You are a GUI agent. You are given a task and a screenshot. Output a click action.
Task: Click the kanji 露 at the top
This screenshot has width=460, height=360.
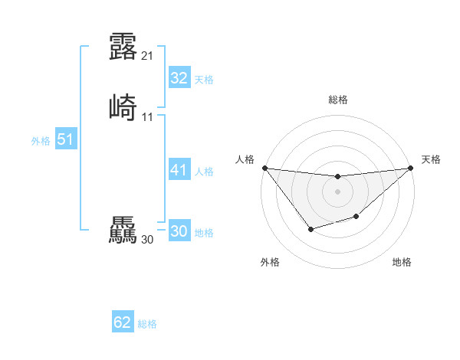[x=123, y=47]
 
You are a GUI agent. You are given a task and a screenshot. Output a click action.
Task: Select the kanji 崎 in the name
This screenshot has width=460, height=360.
[x=123, y=107]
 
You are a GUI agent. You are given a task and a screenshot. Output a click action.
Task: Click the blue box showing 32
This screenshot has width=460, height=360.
[x=179, y=78]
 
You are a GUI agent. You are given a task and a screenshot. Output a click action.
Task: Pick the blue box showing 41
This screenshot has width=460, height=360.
[x=179, y=170]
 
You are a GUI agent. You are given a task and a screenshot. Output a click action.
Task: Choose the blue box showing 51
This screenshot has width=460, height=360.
[x=65, y=139]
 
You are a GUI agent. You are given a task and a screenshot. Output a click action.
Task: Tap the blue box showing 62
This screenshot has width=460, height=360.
[x=123, y=322]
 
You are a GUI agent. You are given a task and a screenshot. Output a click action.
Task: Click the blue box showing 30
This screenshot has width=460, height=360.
[x=179, y=231]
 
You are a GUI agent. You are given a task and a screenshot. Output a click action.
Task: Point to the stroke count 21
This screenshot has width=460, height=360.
[x=148, y=56]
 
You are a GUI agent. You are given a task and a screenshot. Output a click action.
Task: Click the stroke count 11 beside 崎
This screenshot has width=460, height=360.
[x=148, y=117]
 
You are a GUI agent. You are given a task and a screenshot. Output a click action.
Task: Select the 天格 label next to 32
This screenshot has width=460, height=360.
[x=204, y=80]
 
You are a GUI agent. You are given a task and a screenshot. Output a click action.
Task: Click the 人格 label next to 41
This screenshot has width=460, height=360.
[x=204, y=172]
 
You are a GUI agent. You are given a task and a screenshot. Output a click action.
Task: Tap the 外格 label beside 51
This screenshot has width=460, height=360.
[x=41, y=141]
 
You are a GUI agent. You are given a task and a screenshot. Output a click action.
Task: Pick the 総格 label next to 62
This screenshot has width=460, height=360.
[x=147, y=324]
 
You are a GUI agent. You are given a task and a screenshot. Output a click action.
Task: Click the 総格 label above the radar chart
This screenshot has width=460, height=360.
[x=337, y=100]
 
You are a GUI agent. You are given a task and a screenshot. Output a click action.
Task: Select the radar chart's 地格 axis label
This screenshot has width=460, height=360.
[x=402, y=262]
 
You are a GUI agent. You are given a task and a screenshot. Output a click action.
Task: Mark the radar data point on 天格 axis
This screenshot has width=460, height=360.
[x=411, y=168]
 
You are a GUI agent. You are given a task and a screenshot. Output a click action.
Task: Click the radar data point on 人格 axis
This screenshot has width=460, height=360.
[x=264, y=168]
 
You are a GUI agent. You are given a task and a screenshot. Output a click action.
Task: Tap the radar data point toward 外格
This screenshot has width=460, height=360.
[x=310, y=229]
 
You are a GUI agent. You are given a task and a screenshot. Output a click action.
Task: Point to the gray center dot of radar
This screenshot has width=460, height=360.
[x=337, y=191]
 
